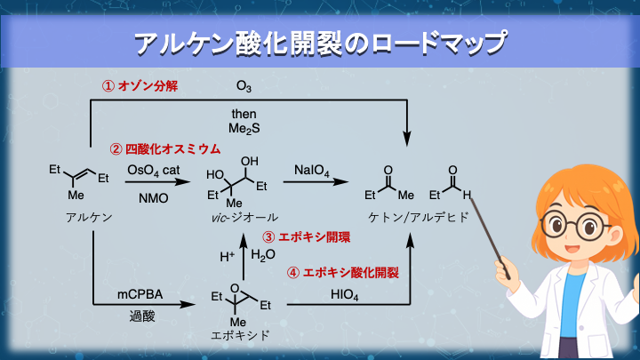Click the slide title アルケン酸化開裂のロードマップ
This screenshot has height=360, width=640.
(320, 42)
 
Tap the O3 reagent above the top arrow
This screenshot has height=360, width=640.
(244, 86)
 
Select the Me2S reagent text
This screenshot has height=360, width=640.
(244, 128)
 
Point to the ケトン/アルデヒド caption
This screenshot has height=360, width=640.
(411, 217)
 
